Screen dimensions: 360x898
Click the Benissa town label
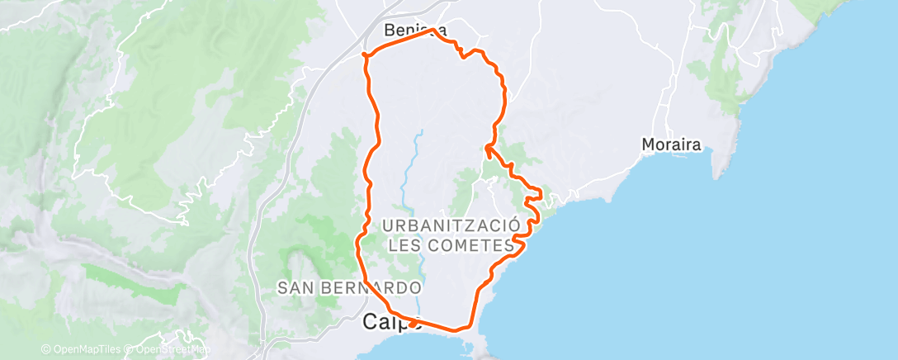(x=415, y=31)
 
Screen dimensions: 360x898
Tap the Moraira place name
(x=671, y=145)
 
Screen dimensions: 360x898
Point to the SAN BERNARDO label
(x=349, y=288)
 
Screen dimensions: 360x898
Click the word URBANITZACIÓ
(x=451, y=225)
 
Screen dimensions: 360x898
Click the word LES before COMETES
(x=404, y=246)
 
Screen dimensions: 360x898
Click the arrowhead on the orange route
(x=488, y=148)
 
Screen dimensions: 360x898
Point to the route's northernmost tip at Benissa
(x=432, y=31)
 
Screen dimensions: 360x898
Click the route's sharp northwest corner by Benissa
(x=366, y=55)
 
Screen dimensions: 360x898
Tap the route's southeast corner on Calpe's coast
(x=471, y=326)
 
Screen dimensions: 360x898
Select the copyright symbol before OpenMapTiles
(x=46, y=349)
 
